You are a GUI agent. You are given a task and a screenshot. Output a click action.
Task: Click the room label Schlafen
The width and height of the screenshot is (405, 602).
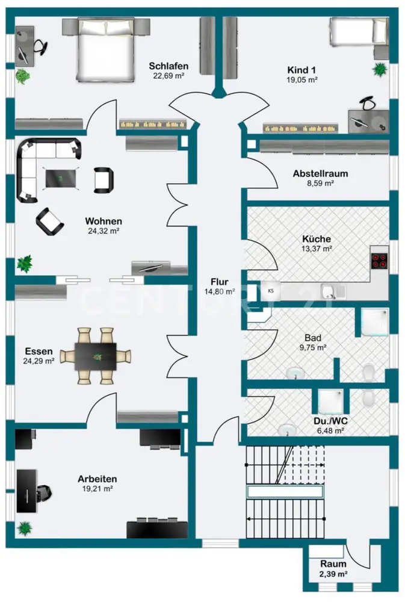[x=170, y=66]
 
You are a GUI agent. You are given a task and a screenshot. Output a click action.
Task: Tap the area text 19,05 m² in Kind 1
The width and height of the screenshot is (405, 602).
[x=302, y=79]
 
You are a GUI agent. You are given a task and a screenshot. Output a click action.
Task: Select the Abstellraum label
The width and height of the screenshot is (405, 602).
[x=320, y=173]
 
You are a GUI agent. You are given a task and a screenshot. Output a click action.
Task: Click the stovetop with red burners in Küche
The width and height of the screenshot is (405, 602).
[x=379, y=260]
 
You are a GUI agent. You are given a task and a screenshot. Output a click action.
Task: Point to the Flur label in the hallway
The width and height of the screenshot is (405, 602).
[x=219, y=281]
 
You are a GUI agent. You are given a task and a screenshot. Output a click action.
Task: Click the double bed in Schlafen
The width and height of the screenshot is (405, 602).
[x=106, y=48]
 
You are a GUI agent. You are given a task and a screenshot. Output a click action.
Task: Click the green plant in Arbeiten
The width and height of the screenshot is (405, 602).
[x=25, y=529]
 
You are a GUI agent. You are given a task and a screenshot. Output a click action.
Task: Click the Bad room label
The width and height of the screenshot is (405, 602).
[x=313, y=338]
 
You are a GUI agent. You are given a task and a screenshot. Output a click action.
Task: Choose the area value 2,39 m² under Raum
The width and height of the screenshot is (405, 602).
[x=333, y=574]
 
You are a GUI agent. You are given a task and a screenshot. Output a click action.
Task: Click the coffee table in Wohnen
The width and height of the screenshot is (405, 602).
[x=61, y=177]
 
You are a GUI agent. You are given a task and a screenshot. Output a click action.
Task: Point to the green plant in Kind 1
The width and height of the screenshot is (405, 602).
[x=380, y=70]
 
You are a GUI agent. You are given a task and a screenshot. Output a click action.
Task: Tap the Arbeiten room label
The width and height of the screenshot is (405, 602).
[x=97, y=479]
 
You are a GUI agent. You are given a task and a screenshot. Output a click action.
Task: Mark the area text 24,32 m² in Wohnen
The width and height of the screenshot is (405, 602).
[x=103, y=231]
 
